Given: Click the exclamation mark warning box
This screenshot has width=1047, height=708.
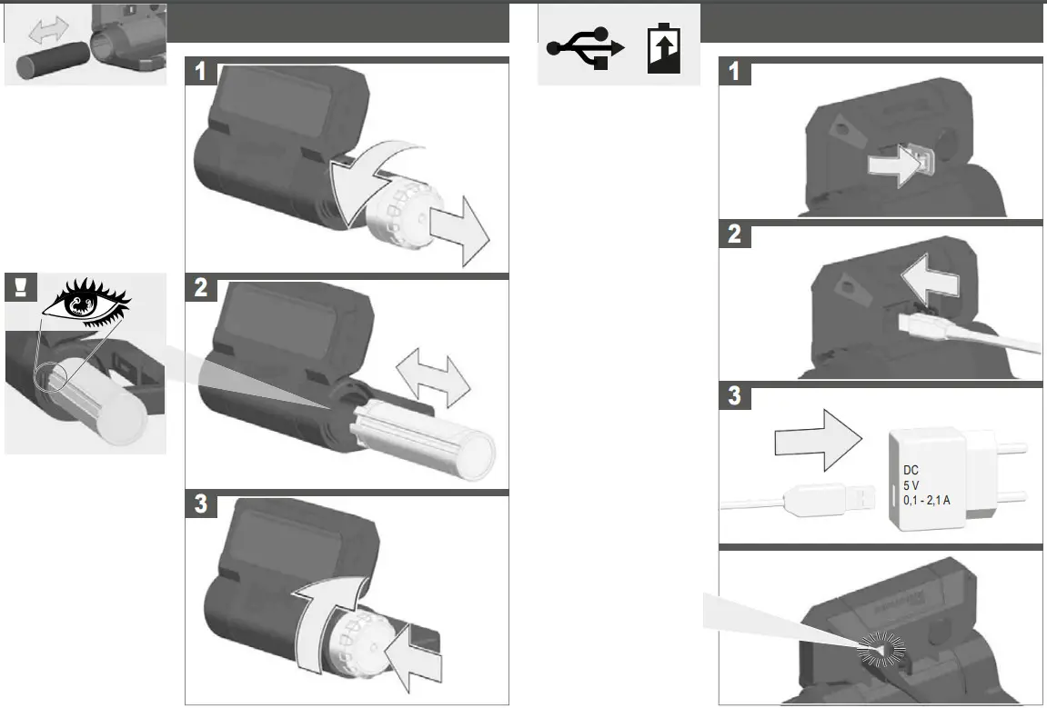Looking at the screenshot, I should pyautogui.click(x=21, y=288).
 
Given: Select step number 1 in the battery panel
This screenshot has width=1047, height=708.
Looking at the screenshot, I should pyautogui.click(x=201, y=73).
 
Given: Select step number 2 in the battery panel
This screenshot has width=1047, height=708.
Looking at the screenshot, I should pyautogui.click(x=201, y=290).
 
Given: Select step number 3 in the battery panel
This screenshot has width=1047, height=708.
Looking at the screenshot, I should pyautogui.click(x=201, y=504).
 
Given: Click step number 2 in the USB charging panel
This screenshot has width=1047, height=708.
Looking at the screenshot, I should pyautogui.click(x=734, y=234).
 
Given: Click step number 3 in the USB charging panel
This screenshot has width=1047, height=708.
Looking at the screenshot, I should pyautogui.click(x=734, y=397).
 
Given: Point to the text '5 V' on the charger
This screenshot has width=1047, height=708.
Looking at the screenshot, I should pyautogui.click(x=912, y=486).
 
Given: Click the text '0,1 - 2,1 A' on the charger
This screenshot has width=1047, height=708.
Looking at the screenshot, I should pyautogui.click(x=927, y=501).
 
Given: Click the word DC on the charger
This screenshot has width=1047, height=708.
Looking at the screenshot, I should pyautogui.click(x=911, y=472).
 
